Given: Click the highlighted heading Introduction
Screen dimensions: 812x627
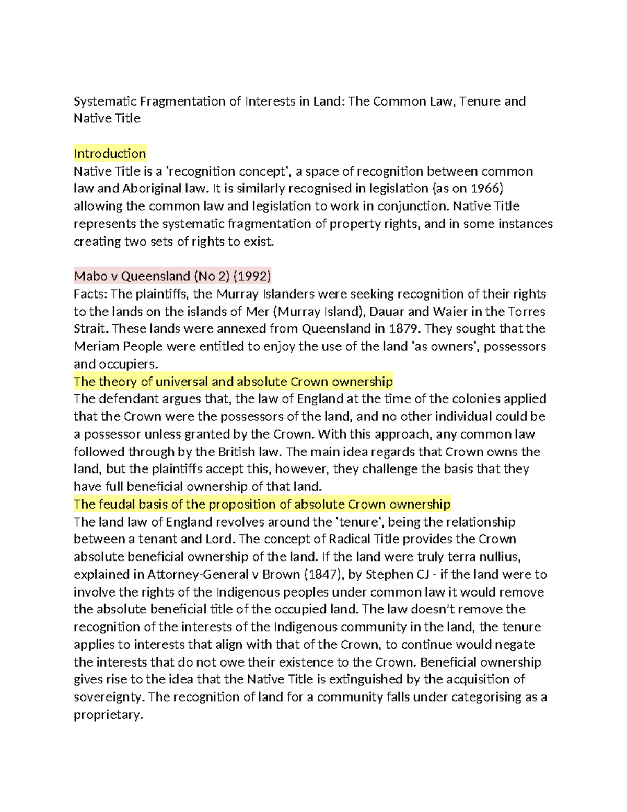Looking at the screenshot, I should (110, 154).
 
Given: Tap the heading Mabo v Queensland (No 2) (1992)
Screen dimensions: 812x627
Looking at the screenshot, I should (172, 276).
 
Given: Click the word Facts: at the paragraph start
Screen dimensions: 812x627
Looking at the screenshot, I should (90, 294).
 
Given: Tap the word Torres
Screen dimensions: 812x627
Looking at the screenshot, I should (527, 312).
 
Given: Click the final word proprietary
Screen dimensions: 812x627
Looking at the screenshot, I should (108, 715).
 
